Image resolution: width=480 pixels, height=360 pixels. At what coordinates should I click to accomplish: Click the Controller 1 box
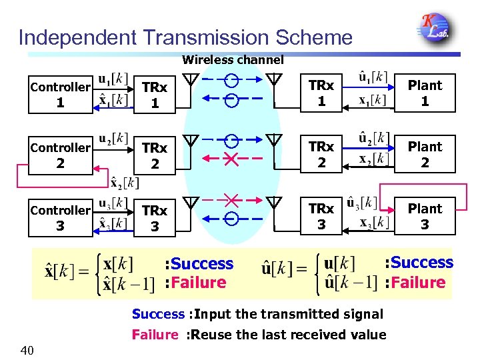pyautogui.click(x=61, y=94)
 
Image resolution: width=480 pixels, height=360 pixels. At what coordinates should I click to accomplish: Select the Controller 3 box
pyautogui.click(x=61, y=217)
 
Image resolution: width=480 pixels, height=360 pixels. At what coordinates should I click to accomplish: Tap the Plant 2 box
pyautogui.click(x=425, y=155)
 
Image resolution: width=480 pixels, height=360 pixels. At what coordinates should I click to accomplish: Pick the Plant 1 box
pyautogui.click(x=425, y=93)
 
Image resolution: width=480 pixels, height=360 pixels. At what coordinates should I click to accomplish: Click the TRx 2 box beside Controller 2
pyautogui.click(x=155, y=155)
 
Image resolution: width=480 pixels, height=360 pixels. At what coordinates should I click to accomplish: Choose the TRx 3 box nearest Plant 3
pyautogui.click(x=321, y=217)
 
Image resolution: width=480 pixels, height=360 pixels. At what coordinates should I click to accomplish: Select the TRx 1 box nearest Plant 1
pyautogui.click(x=321, y=93)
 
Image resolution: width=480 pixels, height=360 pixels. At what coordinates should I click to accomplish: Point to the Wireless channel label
pyautogui.click(x=233, y=60)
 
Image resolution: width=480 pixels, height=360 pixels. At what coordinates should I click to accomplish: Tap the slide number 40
pyautogui.click(x=27, y=350)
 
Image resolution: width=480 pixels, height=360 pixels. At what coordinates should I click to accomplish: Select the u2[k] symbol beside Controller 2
pyautogui.click(x=113, y=138)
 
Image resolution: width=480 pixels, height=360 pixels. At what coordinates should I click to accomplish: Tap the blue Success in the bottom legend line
pyautogui.click(x=157, y=314)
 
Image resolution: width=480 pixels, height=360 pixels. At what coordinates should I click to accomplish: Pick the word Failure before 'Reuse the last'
pyautogui.click(x=155, y=335)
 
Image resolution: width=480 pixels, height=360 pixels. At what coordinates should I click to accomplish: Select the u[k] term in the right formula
pyautogui.click(x=339, y=263)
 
